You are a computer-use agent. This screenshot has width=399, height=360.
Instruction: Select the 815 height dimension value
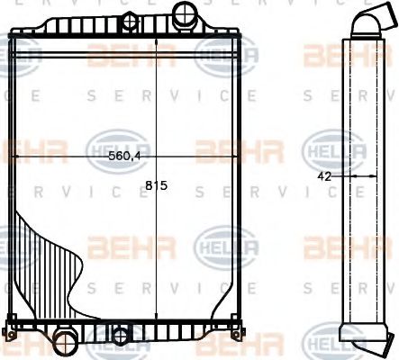[x=157, y=187]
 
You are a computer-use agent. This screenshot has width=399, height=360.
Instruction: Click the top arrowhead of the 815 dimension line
[x=157, y=40]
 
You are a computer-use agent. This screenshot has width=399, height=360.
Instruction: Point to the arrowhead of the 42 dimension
[x=349, y=177]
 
